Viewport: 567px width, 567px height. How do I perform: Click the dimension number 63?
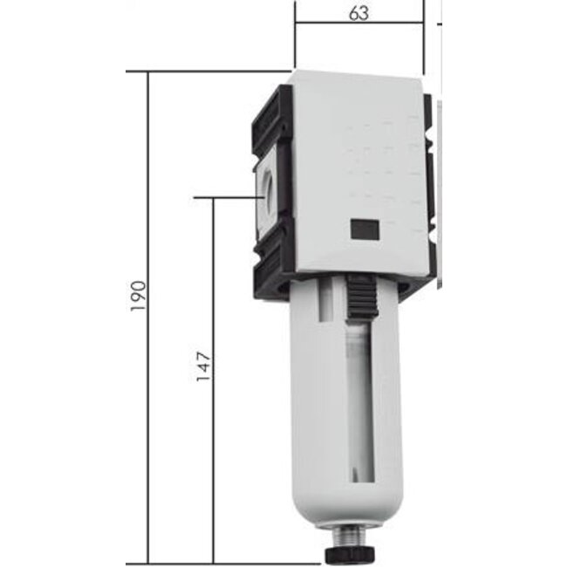359,13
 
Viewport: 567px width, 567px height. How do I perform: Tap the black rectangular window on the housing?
364,229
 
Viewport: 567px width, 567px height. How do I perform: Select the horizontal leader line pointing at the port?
227,198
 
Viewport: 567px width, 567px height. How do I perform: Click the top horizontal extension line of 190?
218,72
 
